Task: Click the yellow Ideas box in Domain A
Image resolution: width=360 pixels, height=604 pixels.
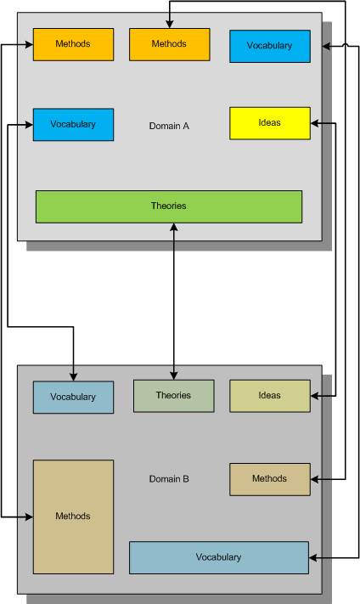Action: (x=270, y=123)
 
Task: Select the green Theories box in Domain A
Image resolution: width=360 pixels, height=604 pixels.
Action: (x=169, y=206)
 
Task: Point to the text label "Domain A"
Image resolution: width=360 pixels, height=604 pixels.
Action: (x=169, y=126)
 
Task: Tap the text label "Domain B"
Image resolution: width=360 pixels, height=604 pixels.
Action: (x=169, y=479)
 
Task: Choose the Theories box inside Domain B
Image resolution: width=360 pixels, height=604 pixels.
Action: (x=174, y=396)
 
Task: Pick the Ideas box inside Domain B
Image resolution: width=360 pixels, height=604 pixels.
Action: (x=270, y=396)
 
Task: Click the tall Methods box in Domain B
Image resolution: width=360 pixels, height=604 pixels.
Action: (x=73, y=517)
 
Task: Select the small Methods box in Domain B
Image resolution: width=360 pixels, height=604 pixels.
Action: (x=270, y=479)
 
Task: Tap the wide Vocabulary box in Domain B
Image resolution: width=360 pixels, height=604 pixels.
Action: (x=219, y=557)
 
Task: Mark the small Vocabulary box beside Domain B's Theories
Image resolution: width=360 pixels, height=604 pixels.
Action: (x=73, y=398)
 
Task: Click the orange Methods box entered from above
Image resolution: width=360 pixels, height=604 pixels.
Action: (x=170, y=44)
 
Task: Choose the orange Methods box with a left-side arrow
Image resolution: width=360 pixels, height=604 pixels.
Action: (x=73, y=44)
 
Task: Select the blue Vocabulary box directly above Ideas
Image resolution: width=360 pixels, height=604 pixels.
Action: (x=270, y=46)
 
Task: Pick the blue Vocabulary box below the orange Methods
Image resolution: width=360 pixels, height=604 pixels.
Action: (x=73, y=124)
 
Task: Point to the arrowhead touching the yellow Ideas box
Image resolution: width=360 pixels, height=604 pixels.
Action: (x=314, y=123)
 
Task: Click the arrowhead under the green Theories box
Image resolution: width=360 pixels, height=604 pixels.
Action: (x=174, y=228)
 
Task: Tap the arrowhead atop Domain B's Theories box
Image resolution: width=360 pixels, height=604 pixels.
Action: (x=174, y=375)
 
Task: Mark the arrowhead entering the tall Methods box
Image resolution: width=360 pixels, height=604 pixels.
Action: (x=29, y=517)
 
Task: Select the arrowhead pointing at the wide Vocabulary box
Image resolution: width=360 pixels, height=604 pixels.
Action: (x=313, y=557)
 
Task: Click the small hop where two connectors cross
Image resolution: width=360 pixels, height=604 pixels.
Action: (x=345, y=46)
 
